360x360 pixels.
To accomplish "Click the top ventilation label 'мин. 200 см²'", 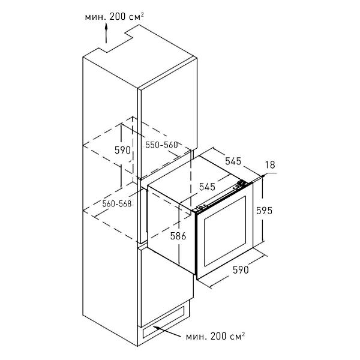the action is pyautogui.click(x=115, y=17).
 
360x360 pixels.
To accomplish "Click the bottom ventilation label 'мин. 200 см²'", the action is pyautogui.click(x=215, y=337).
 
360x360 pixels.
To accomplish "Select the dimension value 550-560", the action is pyautogui.click(x=161, y=145).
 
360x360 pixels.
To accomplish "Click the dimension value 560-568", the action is pyautogui.click(x=117, y=203).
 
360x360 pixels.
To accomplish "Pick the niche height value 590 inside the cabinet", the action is pyautogui.click(x=122, y=150).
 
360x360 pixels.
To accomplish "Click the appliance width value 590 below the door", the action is pyautogui.click(x=241, y=270).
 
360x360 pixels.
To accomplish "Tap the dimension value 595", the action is pyautogui.click(x=264, y=211).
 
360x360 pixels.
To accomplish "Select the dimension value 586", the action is pyautogui.click(x=178, y=236).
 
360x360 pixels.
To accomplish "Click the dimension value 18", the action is pyautogui.click(x=270, y=164).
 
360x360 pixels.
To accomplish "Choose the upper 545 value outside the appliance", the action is pyautogui.click(x=233, y=161).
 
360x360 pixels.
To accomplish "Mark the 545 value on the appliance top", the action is pyautogui.click(x=207, y=187).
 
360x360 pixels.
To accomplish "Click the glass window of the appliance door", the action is pyautogui.click(x=225, y=230).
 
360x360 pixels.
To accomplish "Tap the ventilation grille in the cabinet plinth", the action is pyautogui.click(x=163, y=322).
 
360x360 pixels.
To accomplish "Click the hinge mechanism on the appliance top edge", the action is pyautogui.click(x=242, y=184).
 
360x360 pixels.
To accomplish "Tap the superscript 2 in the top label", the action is pyautogui.click(x=142, y=14).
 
